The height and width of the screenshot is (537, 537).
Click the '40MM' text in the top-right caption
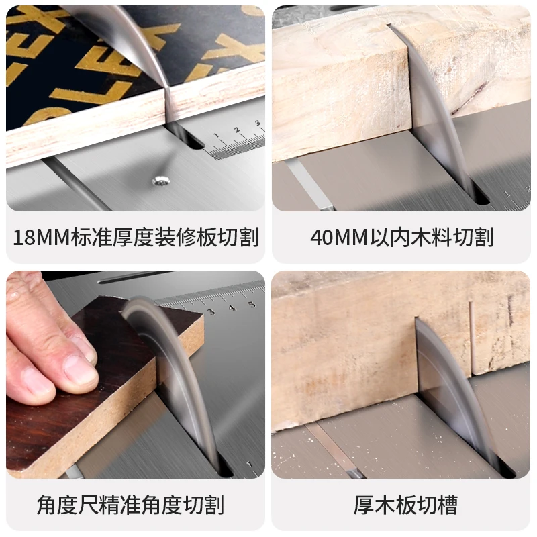click(x=339, y=237)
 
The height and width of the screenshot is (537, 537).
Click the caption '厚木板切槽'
click(x=401, y=504)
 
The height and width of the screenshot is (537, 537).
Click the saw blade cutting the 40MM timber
click(x=436, y=114)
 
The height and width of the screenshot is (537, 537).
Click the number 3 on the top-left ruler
click(x=257, y=124)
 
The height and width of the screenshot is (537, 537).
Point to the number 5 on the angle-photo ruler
click(x=252, y=305)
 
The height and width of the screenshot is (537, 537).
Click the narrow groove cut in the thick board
click(x=472, y=336)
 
